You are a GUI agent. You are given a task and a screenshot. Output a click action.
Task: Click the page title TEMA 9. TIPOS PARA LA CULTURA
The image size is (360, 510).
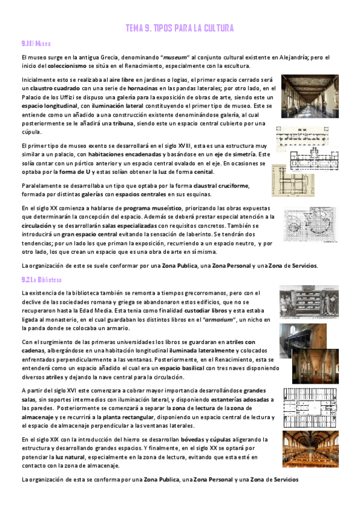point(179,29)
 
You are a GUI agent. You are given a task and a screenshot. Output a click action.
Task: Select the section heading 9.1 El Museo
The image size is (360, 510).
point(35,44)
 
